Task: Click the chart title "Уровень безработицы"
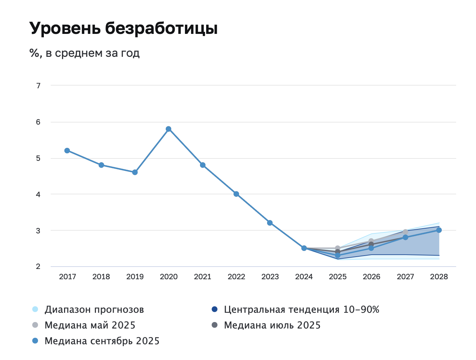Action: click(124, 28)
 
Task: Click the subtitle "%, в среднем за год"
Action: click(85, 53)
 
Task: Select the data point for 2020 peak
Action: click(168, 129)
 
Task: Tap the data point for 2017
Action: click(67, 151)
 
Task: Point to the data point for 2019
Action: click(135, 172)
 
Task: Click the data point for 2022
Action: click(236, 194)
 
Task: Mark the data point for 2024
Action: click(304, 248)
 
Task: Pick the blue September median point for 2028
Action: click(439, 230)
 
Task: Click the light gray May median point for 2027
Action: click(405, 232)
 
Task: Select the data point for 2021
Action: click(203, 165)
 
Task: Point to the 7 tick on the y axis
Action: click(38, 86)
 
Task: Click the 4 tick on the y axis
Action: click(38, 194)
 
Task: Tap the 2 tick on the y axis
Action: click(38, 267)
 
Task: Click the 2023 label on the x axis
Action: click(270, 277)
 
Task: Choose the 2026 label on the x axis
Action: click(372, 277)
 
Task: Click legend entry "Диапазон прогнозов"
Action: click(94, 310)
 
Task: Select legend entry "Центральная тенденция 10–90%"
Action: click(301, 310)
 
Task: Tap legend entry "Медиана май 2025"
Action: click(90, 325)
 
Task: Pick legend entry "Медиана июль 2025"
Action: click(272, 325)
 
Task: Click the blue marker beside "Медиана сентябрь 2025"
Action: click(35, 341)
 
